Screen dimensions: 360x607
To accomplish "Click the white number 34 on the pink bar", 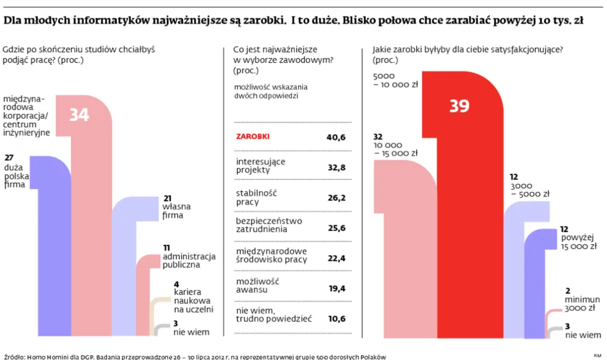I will click(x=79, y=114).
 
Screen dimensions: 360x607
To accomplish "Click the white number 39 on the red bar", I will click(x=459, y=106).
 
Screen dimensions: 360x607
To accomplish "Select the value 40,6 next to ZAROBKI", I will click(x=336, y=137).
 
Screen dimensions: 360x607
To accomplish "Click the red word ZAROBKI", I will click(x=252, y=137).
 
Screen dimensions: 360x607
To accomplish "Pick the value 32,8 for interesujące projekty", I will click(x=336, y=166).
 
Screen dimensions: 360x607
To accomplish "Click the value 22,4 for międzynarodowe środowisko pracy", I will click(x=336, y=258).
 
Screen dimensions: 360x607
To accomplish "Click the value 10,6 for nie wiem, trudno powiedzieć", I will click(x=336, y=318).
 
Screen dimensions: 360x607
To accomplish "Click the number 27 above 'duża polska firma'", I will click(x=9, y=157).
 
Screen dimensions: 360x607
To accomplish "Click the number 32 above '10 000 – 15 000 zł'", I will click(x=378, y=137).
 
